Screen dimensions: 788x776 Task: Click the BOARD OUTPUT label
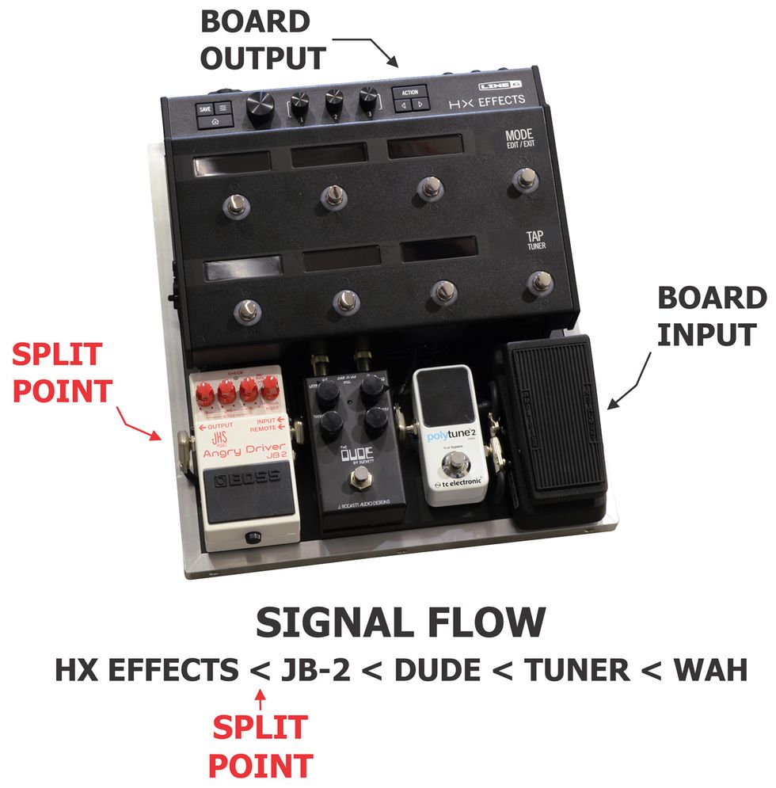point(264,40)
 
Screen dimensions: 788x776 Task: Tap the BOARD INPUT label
point(712,316)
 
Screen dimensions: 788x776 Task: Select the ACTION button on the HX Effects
point(409,92)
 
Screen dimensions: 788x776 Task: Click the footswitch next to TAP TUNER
point(542,283)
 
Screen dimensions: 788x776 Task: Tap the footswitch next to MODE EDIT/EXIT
point(523,179)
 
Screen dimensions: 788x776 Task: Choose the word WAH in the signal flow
point(709,670)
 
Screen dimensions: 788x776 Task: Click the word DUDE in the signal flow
point(436,670)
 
